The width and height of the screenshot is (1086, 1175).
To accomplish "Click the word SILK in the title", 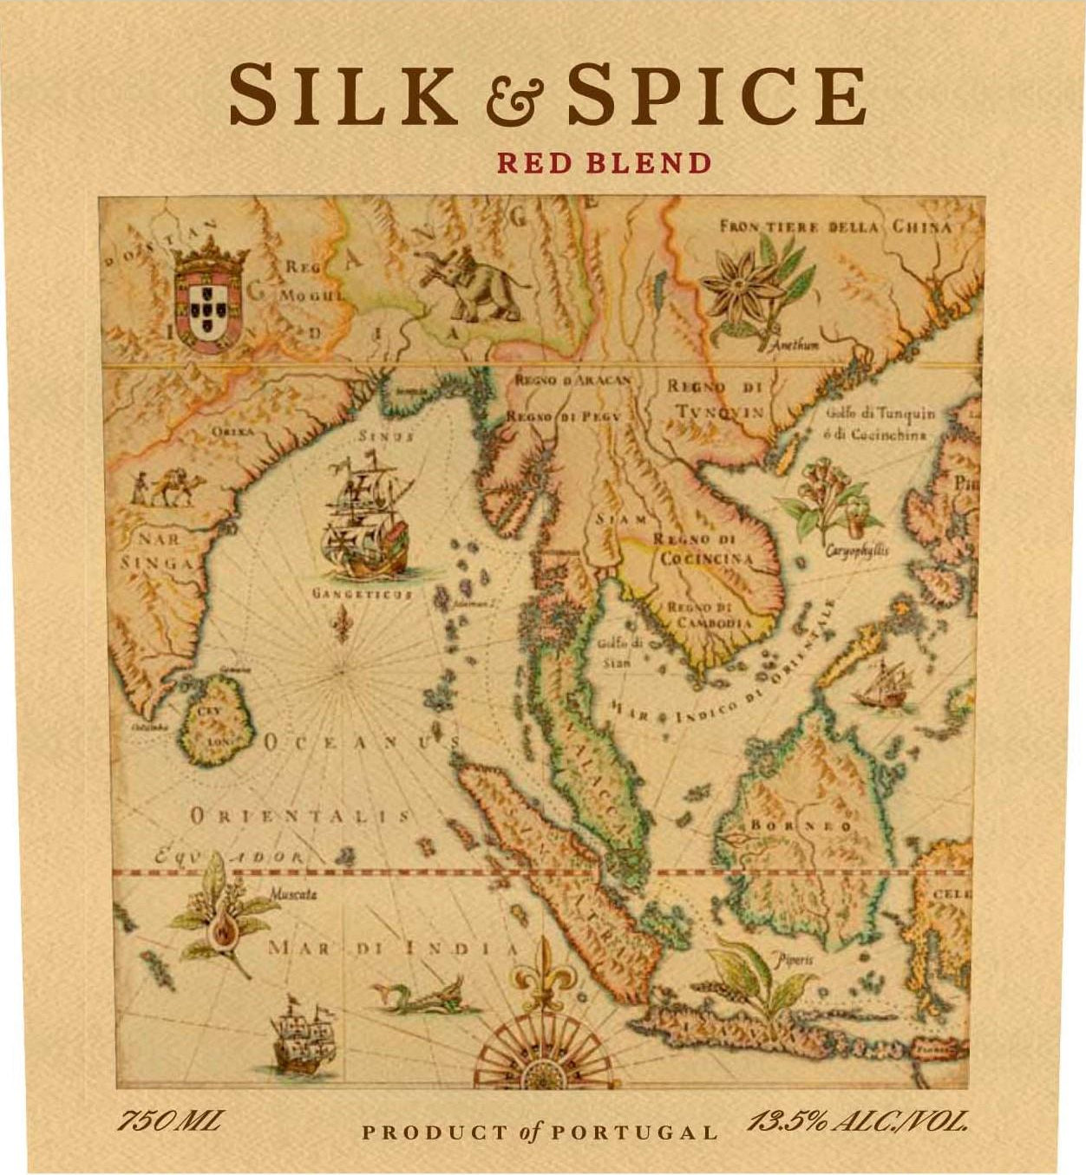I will pyautogui.click(x=343, y=95).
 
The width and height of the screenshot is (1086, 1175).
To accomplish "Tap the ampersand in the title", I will pyautogui.click(x=514, y=101).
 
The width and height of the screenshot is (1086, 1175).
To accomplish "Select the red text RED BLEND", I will pyautogui.click(x=604, y=163).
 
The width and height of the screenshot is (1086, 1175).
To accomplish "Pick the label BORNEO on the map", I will pyautogui.click(x=801, y=826).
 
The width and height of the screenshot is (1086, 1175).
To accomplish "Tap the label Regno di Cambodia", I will pyautogui.click(x=708, y=615).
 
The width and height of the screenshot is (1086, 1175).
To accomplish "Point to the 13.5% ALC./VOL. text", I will pyautogui.click(x=857, y=1122).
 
